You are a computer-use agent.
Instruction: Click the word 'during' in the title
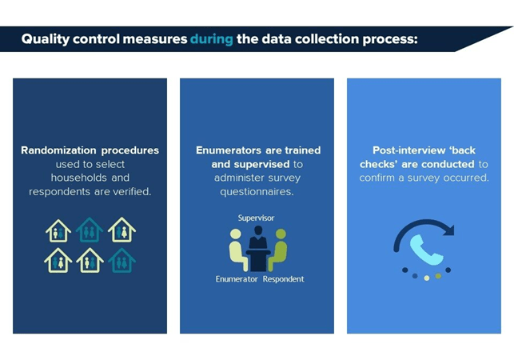tap(211, 39)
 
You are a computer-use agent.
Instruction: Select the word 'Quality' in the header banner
tap(46, 40)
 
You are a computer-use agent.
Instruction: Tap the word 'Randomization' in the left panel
tap(58, 150)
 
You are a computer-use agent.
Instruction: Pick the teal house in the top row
tap(90, 230)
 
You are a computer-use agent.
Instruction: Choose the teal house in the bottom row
tap(122, 260)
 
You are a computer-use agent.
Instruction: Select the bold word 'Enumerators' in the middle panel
tap(229, 150)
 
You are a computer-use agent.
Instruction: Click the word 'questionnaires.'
tap(257, 192)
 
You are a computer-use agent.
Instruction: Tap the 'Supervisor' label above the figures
tap(256, 218)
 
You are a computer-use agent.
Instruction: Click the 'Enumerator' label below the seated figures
tap(237, 279)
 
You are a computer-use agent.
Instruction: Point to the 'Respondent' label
tap(283, 279)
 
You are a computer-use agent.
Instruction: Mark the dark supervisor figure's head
tap(258, 230)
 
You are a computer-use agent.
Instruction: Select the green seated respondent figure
tap(278, 250)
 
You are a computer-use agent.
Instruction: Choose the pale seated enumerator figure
tap(237, 250)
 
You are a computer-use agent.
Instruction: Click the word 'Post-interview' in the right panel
tap(408, 150)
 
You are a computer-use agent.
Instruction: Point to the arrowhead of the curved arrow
tap(448, 230)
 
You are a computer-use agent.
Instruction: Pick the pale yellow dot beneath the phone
tap(427, 278)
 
